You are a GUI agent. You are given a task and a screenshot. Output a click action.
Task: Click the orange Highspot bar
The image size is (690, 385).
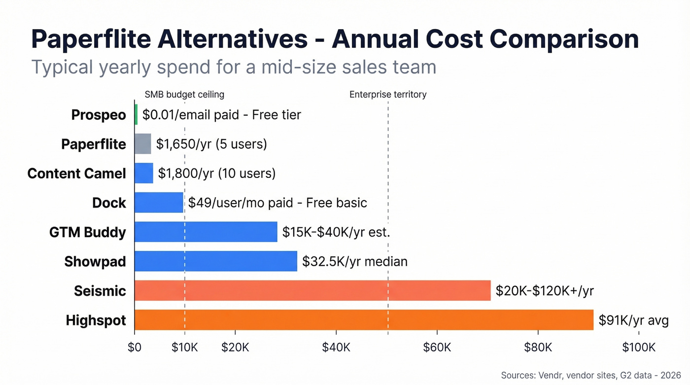[364, 320]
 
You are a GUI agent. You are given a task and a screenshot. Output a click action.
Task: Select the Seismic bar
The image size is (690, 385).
[312, 290]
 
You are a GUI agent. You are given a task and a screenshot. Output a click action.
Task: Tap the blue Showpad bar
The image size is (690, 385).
[215, 261]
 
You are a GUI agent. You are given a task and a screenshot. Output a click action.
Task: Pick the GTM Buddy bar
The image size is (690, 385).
[206, 232]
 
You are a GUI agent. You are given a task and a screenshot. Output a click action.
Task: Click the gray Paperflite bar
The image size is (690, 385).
[142, 144]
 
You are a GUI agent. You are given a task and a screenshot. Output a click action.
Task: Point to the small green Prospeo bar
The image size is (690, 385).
[136, 114]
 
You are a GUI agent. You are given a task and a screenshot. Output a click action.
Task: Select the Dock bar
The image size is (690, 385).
[159, 203]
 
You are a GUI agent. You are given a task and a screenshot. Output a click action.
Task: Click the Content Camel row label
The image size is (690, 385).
[76, 174]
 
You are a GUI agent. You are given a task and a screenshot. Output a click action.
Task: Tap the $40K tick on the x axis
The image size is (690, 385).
[336, 348]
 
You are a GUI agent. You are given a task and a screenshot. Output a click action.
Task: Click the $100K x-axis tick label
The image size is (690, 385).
[639, 348]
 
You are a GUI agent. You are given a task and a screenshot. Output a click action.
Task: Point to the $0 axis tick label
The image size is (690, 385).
[134, 348]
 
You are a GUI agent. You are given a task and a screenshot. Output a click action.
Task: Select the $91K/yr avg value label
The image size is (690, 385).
[633, 320]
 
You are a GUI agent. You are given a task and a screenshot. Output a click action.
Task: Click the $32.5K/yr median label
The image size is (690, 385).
[354, 261]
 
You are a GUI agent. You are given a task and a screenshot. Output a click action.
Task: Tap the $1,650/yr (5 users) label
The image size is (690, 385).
[211, 144]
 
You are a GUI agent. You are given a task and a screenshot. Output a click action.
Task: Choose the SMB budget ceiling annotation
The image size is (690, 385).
[184, 95]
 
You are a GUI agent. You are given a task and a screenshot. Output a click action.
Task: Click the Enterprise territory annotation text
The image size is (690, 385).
[388, 95]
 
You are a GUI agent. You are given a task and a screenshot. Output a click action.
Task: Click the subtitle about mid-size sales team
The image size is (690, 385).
[234, 67]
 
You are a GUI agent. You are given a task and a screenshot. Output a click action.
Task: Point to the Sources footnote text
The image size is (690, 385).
[590, 375]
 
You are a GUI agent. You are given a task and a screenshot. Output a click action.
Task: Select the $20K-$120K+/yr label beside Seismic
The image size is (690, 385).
[544, 291]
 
